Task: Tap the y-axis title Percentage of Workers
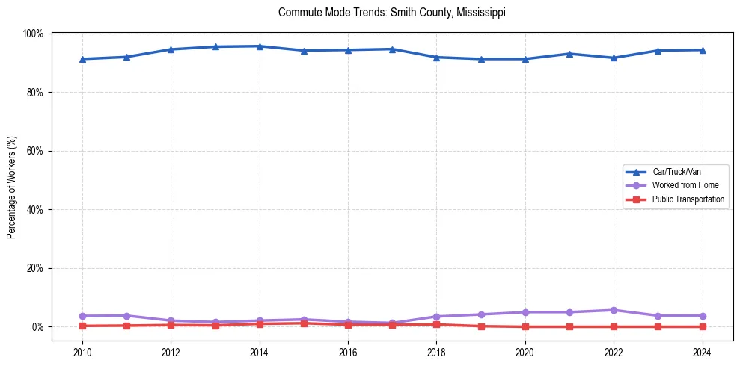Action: pyautogui.click(x=12, y=187)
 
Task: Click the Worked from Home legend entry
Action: pyautogui.click(x=685, y=185)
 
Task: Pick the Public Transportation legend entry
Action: pyautogui.click(x=688, y=199)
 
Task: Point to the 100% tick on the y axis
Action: pyautogui.click(x=34, y=34)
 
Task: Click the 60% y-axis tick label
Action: pyautogui.click(x=35, y=151)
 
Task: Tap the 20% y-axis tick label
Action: pyautogui.click(x=35, y=268)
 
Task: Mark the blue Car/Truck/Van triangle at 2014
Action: pyautogui.click(x=260, y=46)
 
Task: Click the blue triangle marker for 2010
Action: pyautogui.click(x=82, y=59)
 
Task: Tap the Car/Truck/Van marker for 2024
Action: pyautogui.click(x=702, y=50)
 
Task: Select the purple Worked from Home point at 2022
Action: pyautogui.click(x=614, y=310)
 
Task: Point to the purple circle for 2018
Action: pyautogui.click(x=436, y=317)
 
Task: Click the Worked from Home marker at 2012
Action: pyautogui.click(x=171, y=320)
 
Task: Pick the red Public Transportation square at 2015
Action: pyautogui.click(x=304, y=323)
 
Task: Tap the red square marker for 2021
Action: pyautogui.click(x=569, y=326)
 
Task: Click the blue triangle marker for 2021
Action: pyautogui.click(x=569, y=54)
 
